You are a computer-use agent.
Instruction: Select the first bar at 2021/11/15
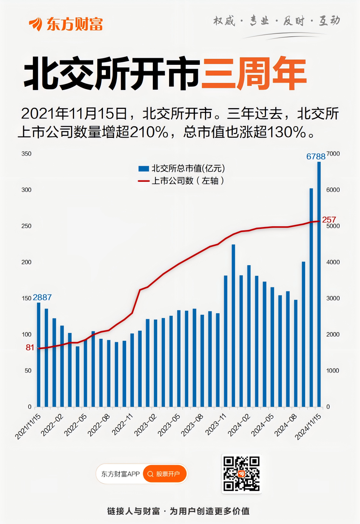(38, 356)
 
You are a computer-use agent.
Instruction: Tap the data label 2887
(42, 297)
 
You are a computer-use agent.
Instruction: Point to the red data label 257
(329, 220)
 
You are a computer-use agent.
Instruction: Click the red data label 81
(30, 347)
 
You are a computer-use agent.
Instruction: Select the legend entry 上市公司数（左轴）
(181, 181)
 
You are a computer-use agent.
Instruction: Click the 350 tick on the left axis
(26, 154)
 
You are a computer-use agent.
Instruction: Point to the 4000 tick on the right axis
(333, 262)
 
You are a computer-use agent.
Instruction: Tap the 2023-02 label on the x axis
(145, 425)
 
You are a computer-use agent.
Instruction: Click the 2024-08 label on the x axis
(286, 425)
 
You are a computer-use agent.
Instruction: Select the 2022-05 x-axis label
(75, 425)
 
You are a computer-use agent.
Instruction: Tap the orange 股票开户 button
(164, 474)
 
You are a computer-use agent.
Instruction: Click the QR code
(241, 474)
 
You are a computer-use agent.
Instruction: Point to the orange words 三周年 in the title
(254, 73)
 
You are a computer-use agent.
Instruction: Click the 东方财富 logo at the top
(66, 24)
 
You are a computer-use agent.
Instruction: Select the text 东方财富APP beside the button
(120, 474)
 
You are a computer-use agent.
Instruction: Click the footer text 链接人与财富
(134, 511)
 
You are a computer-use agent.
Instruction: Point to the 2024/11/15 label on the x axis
(308, 427)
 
